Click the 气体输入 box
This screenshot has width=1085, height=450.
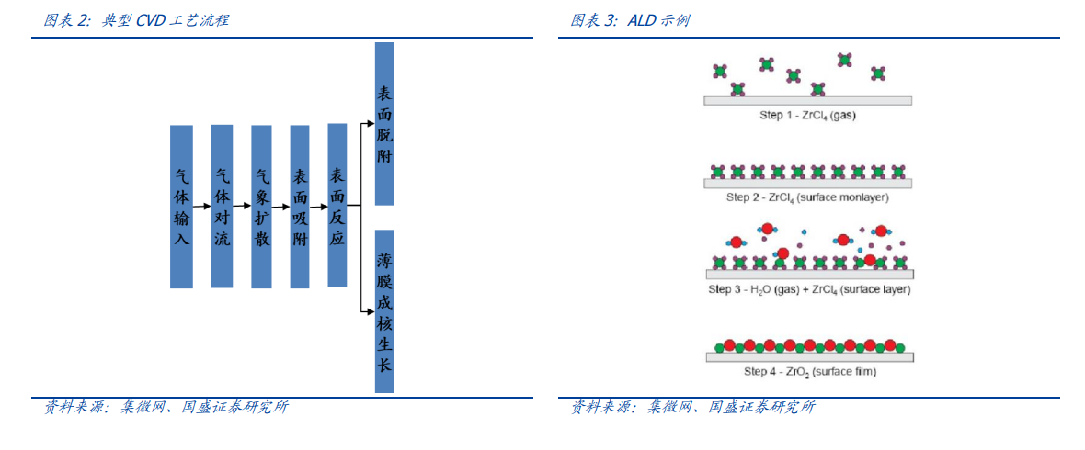pos(181,207)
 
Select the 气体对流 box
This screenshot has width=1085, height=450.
pos(223,206)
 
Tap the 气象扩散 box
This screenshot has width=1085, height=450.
pos(261,207)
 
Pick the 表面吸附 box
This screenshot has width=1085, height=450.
pos(300,207)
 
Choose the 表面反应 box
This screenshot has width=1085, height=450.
pos(337,206)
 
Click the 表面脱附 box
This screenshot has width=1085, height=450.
pos(384,124)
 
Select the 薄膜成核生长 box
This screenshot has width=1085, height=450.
pos(384,311)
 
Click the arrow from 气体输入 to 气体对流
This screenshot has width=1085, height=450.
pos(202,206)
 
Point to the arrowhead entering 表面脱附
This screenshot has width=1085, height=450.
pos(371,124)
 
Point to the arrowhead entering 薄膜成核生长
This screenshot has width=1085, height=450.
pos(371,311)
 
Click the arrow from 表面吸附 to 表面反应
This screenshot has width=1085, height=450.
pos(318,206)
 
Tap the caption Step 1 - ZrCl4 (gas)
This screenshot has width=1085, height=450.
pos(807,116)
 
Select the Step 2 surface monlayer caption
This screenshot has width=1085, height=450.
pos(807,197)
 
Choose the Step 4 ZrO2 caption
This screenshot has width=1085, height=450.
pos(810,372)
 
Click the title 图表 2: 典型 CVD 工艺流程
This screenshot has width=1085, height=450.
pos(136,21)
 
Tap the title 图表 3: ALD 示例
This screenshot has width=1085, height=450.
pos(629,21)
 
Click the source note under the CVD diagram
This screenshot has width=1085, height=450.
pos(166,408)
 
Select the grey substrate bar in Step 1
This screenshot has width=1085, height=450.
pos(807,100)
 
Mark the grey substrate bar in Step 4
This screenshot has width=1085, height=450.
pos(809,357)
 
